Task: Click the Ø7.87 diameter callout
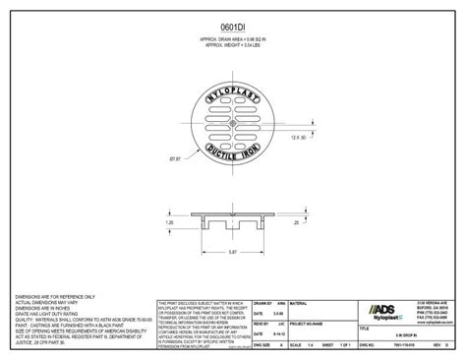tap(178, 156)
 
